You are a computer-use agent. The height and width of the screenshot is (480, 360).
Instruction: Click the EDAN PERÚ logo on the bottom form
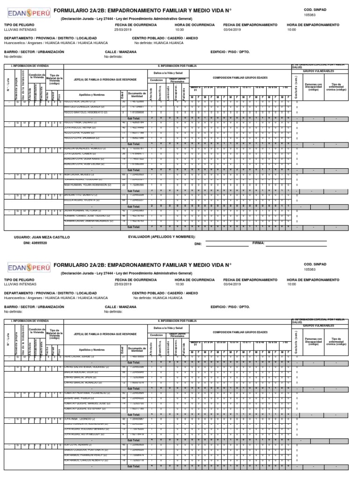(x=28, y=267)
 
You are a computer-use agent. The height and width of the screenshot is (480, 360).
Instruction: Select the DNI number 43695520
(x=37, y=244)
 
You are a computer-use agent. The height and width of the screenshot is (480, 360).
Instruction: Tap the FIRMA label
(x=258, y=243)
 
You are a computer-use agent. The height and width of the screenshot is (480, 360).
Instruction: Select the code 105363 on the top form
(x=310, y=15)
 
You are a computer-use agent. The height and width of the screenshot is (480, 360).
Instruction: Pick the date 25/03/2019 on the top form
(x=124, y=29)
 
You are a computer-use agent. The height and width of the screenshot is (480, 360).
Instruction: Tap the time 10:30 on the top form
(x=180, y=29)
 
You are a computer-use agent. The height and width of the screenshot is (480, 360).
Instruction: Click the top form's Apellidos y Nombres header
(x=91, y=94)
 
